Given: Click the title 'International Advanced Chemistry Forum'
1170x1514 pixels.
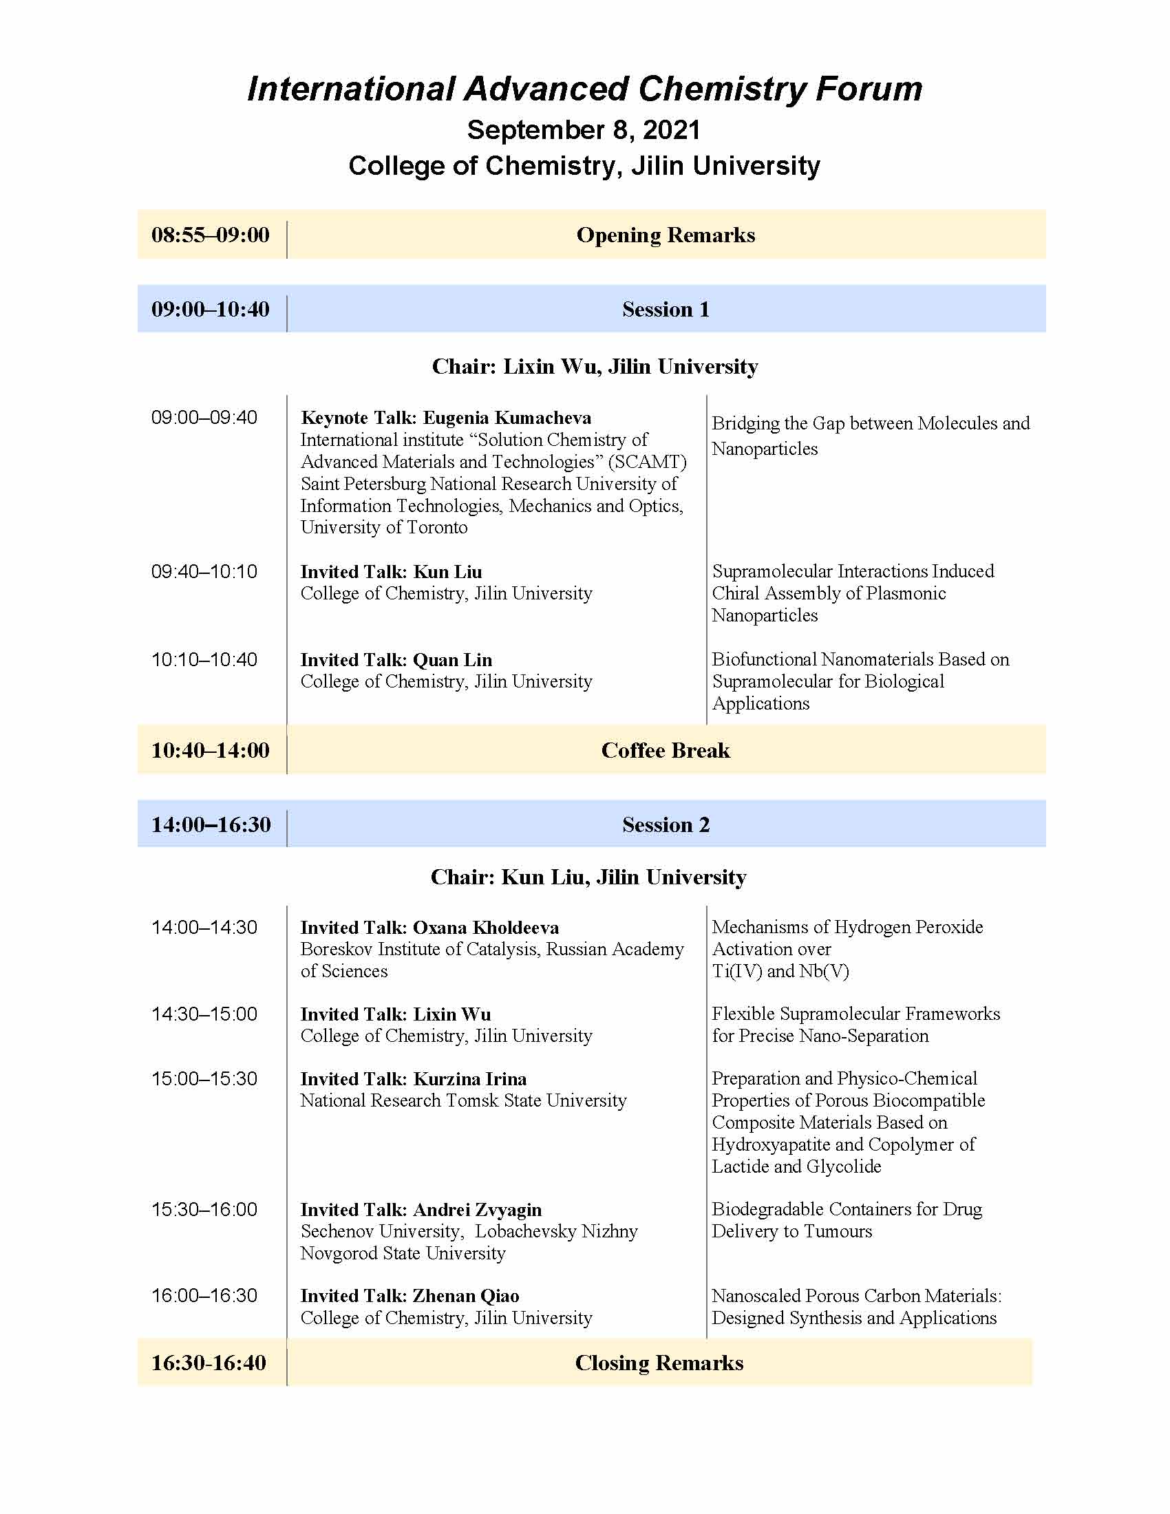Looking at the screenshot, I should coord(584,89).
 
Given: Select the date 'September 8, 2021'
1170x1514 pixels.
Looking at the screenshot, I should coord(584,130).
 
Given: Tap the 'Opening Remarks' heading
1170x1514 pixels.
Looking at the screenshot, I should coord(666,235).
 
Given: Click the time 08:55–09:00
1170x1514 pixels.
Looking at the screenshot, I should coord(210,235).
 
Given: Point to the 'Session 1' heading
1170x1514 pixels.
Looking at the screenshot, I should coord(666,309).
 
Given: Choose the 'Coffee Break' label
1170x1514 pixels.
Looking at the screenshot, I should coord(666,750).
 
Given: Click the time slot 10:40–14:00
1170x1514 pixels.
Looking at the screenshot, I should coord(210,750).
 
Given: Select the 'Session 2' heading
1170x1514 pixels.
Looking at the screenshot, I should coord(666,824).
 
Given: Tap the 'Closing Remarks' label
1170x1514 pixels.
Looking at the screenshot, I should coord(659,1363).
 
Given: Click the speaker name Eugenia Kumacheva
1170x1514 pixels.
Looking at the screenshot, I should coord(507,418).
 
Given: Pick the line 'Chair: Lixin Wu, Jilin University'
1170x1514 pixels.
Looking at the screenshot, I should coord(595,366).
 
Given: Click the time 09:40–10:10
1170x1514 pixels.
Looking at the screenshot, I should coord(204,572).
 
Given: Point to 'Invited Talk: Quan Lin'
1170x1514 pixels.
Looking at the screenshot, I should coord(396,660).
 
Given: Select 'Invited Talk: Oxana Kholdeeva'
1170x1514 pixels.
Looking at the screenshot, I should coord(429,928).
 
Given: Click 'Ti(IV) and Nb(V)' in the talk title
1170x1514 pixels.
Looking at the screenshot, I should coord(780,971).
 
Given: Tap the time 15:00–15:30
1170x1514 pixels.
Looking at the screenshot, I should coord(204,1078).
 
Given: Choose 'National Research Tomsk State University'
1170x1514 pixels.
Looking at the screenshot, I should coord(463,1101).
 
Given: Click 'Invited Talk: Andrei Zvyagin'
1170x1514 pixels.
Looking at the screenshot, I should coord(421,1210).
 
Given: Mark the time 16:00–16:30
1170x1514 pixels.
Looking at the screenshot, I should coord(204,1296).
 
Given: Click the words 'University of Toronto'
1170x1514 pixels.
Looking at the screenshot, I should coord(384,528).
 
